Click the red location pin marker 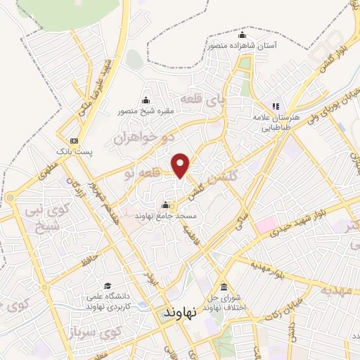pos(181,165)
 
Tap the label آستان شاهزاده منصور pos(241,44)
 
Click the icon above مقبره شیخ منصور pos(146,99)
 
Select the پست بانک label pos(70,151)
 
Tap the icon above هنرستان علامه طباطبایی pos(276,107)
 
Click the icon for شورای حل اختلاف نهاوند pos(223,287)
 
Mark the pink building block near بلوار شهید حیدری pos(266,226)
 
